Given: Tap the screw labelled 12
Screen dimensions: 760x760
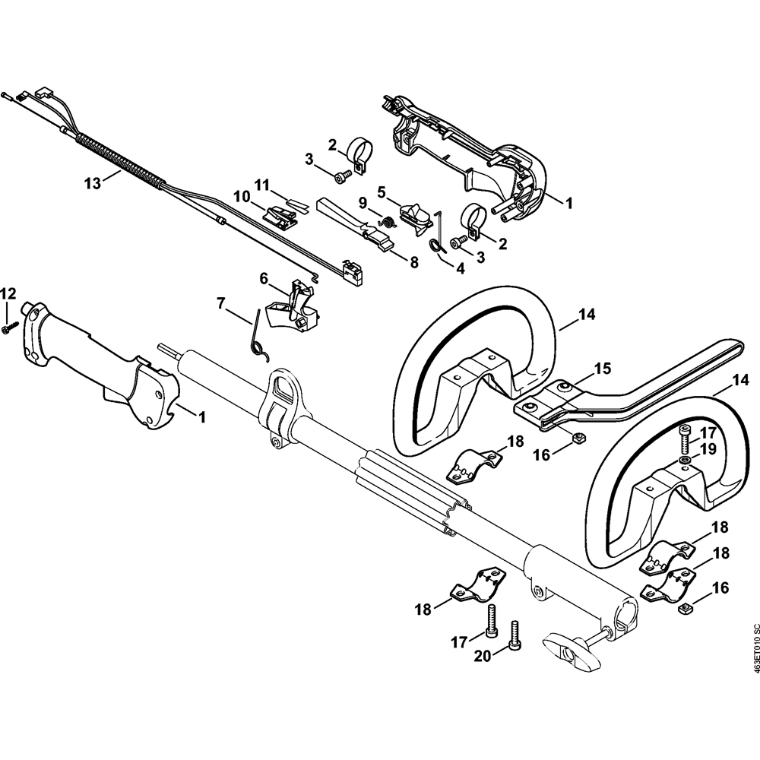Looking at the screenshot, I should point(10,327).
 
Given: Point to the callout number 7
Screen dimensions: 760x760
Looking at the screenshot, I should point(221,303).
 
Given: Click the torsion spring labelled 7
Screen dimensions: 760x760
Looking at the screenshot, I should point(258,334).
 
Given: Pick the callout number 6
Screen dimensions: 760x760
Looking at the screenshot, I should point(264,279).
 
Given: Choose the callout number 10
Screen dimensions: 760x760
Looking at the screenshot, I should point(242,196).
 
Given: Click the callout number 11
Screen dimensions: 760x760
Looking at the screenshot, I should point(262,185).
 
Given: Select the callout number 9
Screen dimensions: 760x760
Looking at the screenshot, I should point(363,203).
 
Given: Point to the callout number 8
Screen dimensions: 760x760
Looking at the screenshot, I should point(414,262).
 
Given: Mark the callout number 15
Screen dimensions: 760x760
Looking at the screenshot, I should point(602,369).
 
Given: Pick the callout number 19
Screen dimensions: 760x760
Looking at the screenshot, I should point(708,448).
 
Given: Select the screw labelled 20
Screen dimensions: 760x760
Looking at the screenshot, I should point(517,635).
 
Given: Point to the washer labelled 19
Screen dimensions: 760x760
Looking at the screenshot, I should point(686,461).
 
